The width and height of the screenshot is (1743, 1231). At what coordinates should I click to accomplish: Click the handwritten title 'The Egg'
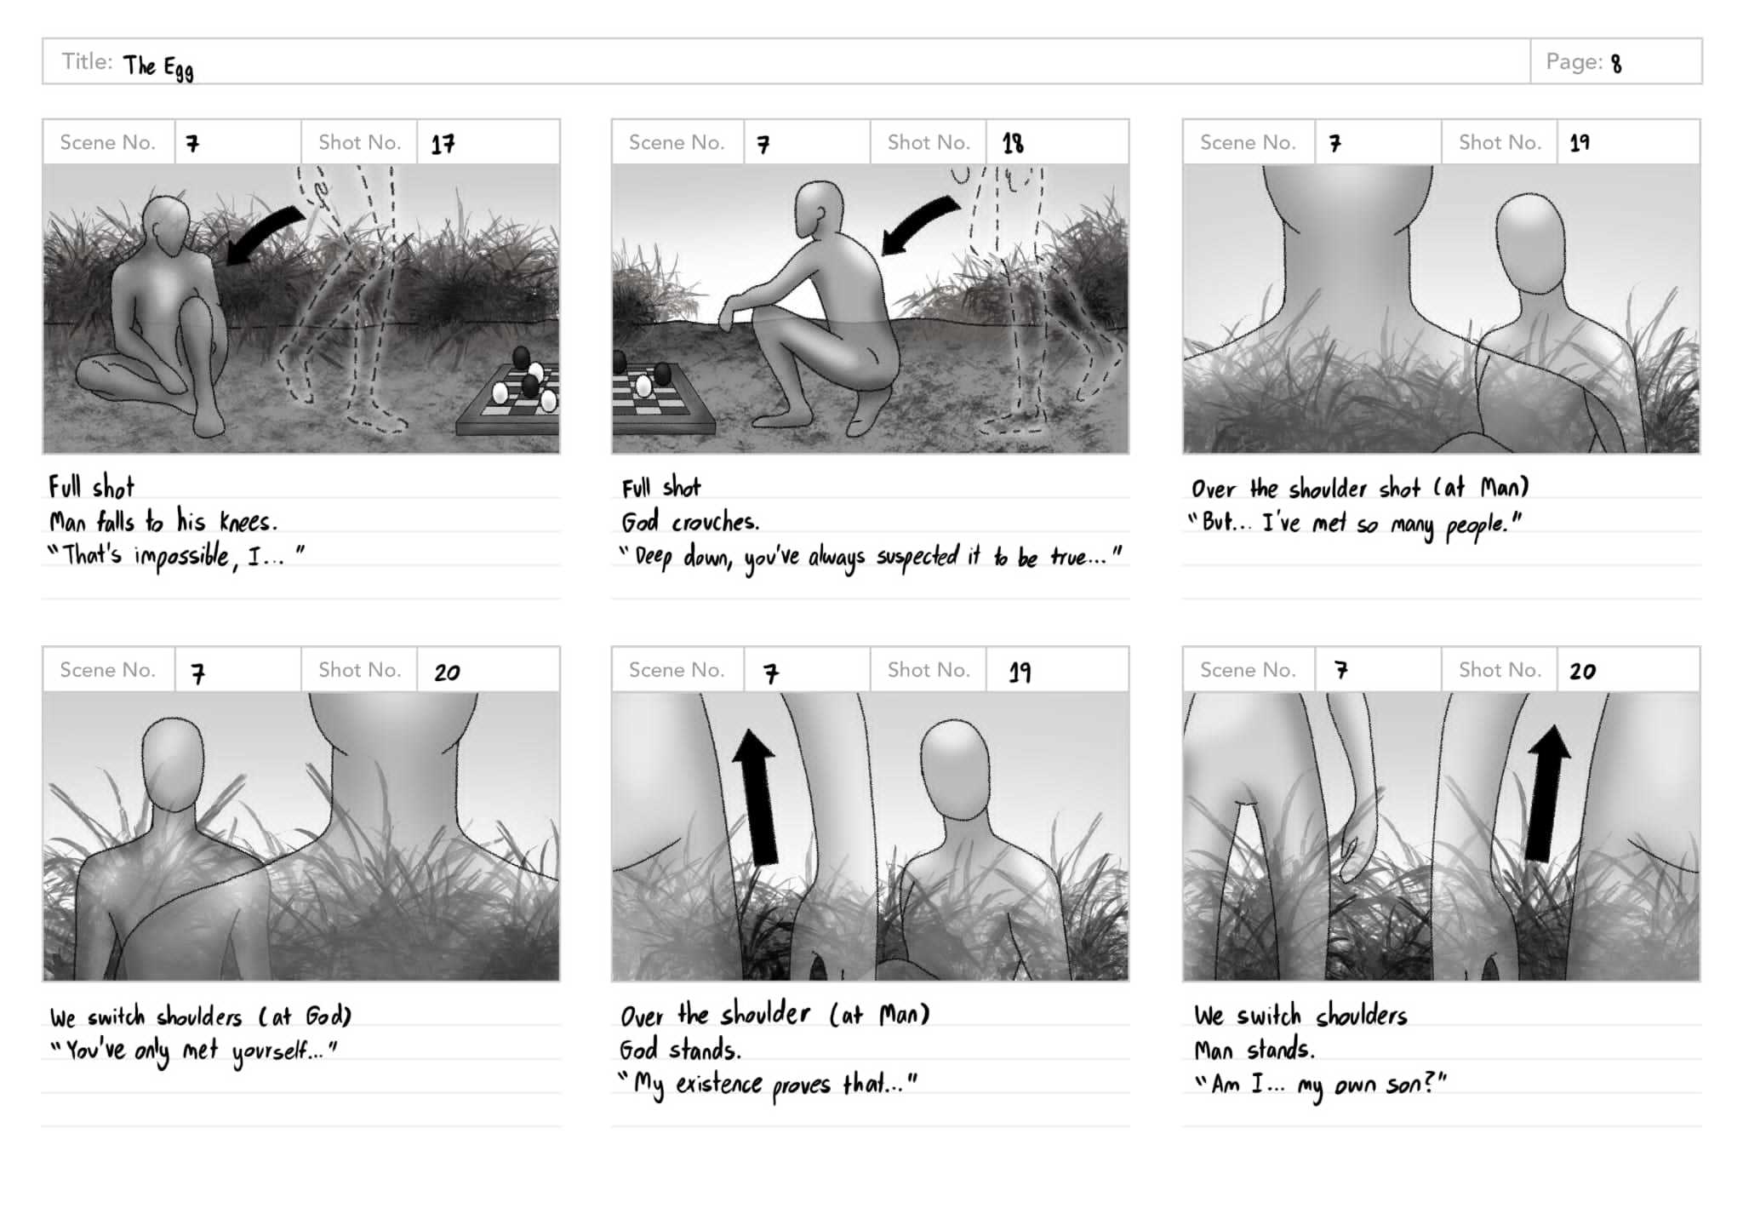click(158, 67)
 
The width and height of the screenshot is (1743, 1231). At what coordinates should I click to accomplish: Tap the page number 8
click(1616, 64)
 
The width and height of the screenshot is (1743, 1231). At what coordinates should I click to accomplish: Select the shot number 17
click(443, 144)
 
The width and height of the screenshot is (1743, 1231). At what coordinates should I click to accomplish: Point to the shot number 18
click(1013, 143)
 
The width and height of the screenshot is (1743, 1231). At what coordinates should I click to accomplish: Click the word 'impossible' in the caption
click(184, 557)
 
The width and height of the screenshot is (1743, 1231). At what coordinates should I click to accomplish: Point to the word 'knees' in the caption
click(248, 521)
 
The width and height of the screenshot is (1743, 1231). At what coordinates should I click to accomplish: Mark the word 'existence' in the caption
click(719, 1085)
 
